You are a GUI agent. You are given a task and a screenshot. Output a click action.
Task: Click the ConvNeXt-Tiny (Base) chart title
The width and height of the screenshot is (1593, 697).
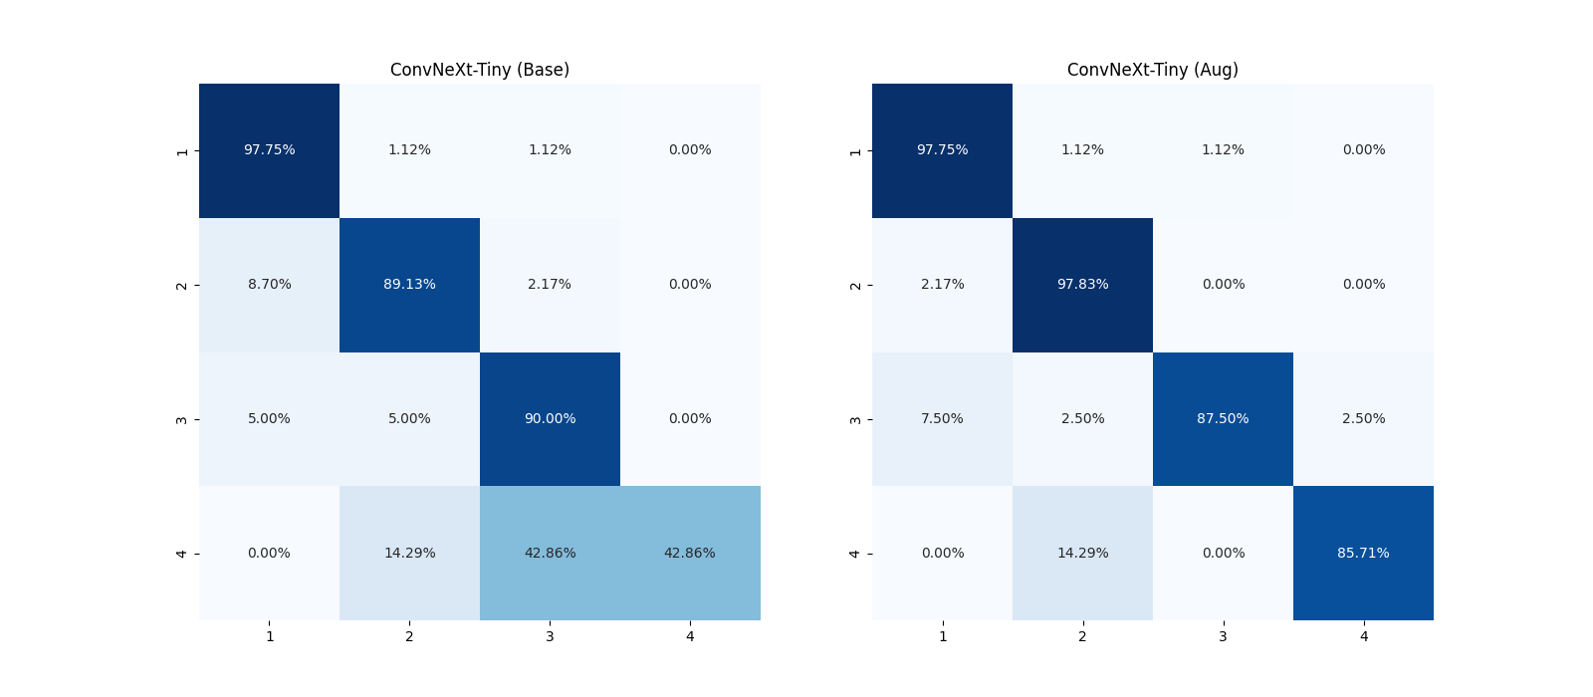(479, 70)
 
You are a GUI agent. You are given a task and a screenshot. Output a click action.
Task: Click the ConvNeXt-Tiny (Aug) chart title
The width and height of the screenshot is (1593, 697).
(1152, 70)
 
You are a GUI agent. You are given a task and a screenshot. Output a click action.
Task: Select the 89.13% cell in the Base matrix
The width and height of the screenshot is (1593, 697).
(409, 285)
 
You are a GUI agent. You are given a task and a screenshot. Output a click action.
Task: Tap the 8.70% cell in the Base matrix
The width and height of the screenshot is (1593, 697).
(269, 285)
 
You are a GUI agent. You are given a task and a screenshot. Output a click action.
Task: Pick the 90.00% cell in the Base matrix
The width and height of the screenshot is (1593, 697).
(550, 419)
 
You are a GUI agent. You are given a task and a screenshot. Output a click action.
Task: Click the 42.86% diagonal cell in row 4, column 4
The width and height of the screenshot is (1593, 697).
(690, 554)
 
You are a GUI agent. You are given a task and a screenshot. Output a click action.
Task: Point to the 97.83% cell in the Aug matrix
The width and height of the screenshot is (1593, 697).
(1082, 285)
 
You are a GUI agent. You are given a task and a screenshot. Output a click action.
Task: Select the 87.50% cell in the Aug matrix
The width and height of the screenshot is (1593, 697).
(1223, 419)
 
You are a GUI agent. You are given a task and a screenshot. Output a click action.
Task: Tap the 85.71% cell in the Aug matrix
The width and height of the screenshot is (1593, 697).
(1363, 554)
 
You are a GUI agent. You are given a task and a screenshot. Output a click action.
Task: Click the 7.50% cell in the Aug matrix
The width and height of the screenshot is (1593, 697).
(942, 419)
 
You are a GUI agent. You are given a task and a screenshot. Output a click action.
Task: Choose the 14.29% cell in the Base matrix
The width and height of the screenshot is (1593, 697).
(409, 554)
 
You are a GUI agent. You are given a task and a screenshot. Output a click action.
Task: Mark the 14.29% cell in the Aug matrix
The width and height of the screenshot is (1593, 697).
(1082, 554)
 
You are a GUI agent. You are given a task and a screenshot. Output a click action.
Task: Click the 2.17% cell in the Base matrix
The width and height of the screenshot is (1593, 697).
(550, 285)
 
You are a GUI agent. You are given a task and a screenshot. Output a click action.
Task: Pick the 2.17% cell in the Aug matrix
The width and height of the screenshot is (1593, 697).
(942, 285)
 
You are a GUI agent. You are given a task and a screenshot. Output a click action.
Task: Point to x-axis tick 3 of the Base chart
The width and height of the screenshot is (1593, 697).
(550, 636)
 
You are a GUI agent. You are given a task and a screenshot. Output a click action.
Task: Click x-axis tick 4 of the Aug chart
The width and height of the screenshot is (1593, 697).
(1363, 636)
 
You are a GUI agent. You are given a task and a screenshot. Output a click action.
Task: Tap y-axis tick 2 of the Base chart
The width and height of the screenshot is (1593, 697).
(182, 286)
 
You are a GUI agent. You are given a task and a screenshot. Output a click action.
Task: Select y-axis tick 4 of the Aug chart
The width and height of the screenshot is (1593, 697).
(855, 554)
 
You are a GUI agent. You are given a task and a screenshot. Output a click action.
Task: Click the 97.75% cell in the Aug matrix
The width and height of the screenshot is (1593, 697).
(942, 150)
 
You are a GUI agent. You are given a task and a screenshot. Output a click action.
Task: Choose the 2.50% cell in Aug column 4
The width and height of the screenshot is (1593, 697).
(1363, 419)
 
